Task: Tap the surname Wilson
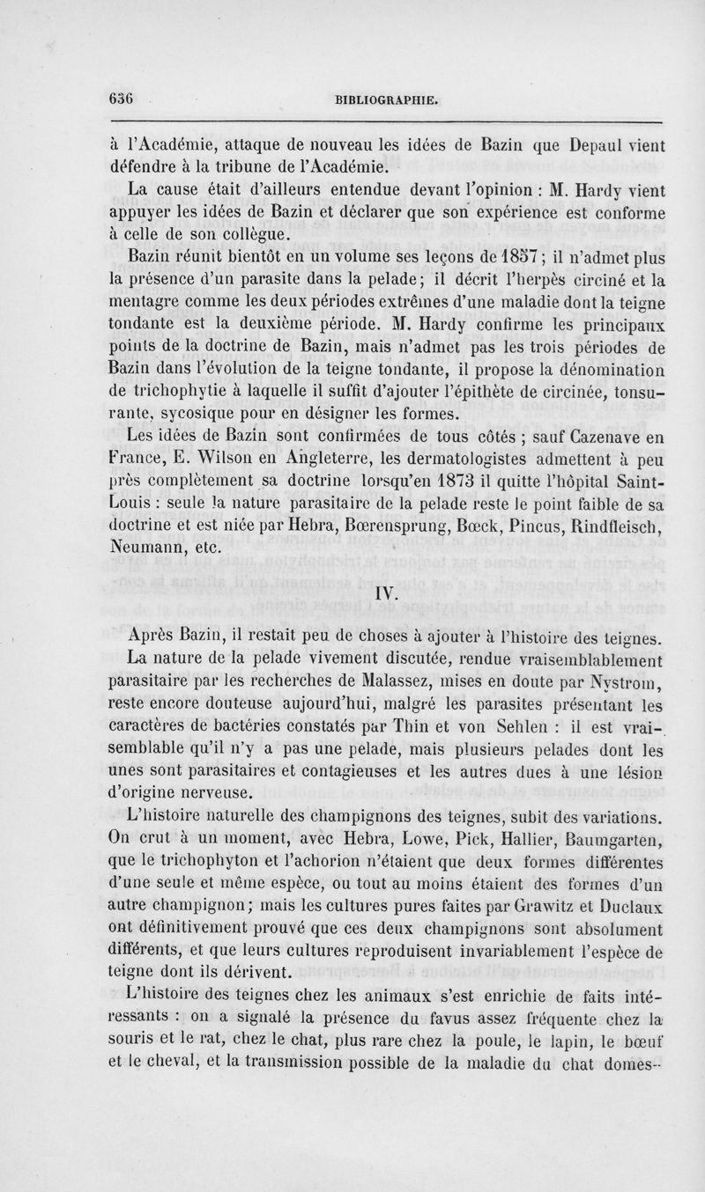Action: click(x=256, y=459)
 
